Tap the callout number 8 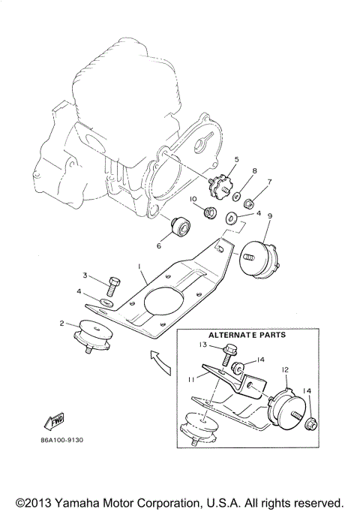coord(254,172)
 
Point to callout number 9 coord(269,216)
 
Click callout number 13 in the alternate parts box coord(202,345)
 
